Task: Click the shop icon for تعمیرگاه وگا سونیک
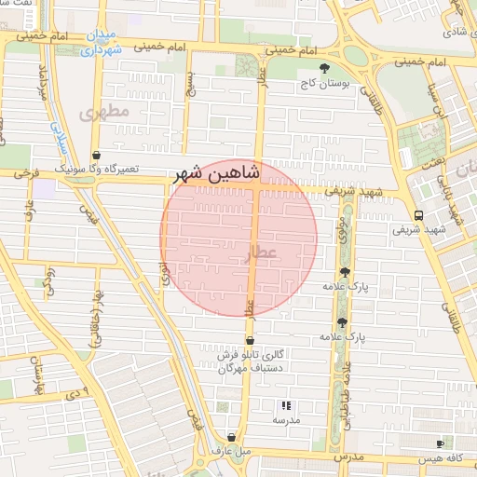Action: [96, 156]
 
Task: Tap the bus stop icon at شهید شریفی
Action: [417, 213]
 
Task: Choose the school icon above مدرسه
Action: [287, 405]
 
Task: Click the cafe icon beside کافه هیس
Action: [440, 444]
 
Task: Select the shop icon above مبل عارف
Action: [232, 437]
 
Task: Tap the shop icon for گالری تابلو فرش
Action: [250, 341]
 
